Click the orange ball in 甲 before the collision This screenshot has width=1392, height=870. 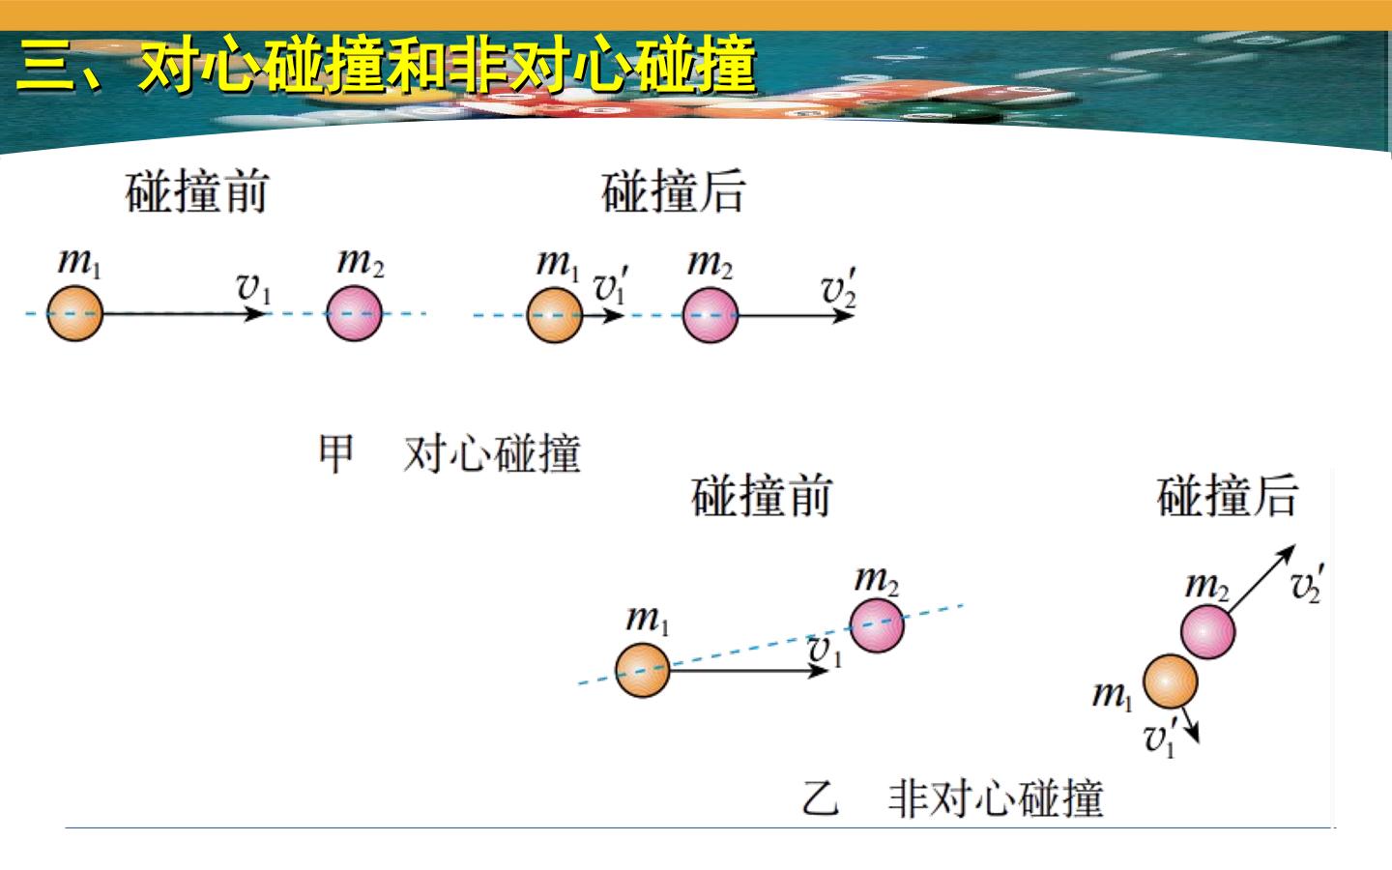74,313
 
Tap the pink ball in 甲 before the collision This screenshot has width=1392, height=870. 354,313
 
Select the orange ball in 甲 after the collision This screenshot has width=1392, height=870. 555,315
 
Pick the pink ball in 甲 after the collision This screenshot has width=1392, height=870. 710,315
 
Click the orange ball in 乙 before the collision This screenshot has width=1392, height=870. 643,670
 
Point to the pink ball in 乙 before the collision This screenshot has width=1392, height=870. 877,625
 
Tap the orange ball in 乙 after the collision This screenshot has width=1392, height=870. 1171,681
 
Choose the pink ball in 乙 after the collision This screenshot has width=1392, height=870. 1208,632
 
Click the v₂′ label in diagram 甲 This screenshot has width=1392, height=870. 839,287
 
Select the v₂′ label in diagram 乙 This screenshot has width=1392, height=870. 1308,583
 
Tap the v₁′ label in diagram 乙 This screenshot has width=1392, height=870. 1161,738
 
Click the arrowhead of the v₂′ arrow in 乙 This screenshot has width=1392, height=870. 1289,551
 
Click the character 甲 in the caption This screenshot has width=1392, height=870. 336,453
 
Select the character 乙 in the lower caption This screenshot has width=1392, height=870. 821,797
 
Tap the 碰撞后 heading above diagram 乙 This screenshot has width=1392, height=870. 1228,495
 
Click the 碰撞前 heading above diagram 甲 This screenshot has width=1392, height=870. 197,191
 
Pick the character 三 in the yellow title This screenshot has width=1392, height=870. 44,66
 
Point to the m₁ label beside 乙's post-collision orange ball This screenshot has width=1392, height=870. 1113,695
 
